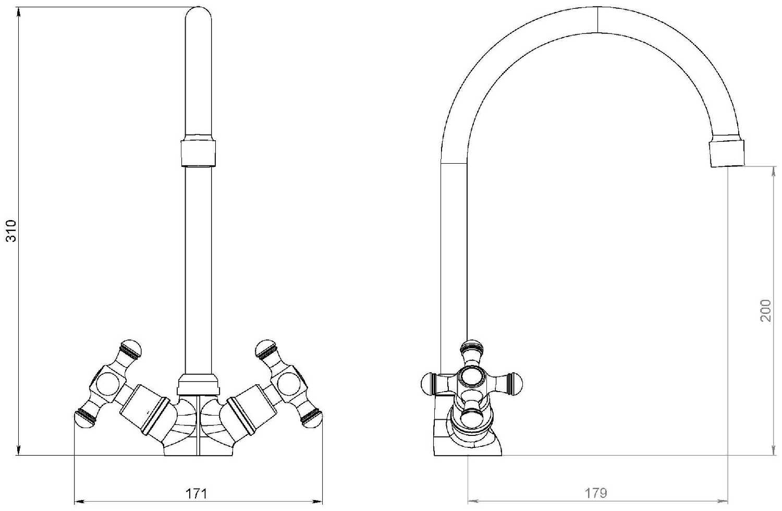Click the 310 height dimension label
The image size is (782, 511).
click(x=11, y=230)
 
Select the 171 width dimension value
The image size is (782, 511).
click(x=196, y=494)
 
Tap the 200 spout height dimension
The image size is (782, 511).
click(x=765, y=310)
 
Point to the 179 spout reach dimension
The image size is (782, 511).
click(x=596, y=493)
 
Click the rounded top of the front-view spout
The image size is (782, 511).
click(x=198, y=14)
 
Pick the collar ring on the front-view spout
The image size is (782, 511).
click(x=198, y=153)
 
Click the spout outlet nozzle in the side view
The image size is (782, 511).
click(x=727, y=153)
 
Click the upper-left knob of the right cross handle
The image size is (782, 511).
click(x=266, y=349)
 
